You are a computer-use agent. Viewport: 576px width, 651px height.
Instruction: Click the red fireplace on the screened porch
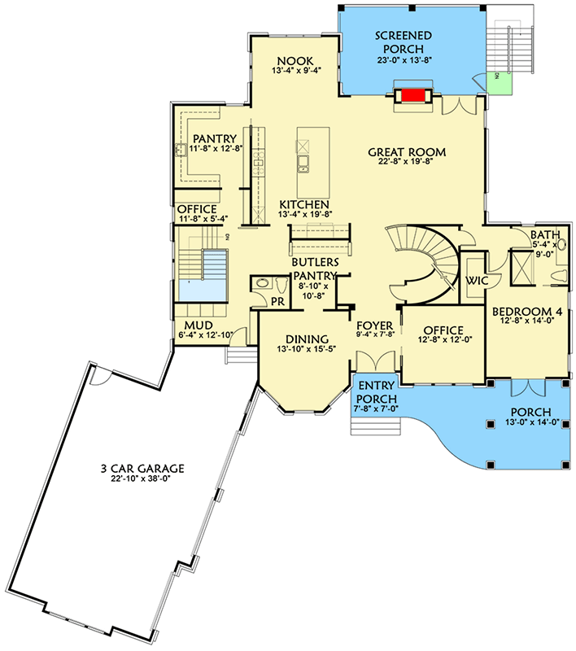coord(414,95)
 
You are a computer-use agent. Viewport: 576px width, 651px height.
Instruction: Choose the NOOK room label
coord(290,61)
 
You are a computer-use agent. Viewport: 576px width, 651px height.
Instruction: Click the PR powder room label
coord(277,301)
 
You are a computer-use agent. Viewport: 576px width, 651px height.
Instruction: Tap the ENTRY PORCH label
coord(376,392)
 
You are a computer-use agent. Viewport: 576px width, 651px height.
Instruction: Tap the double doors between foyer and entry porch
coord(375,365)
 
